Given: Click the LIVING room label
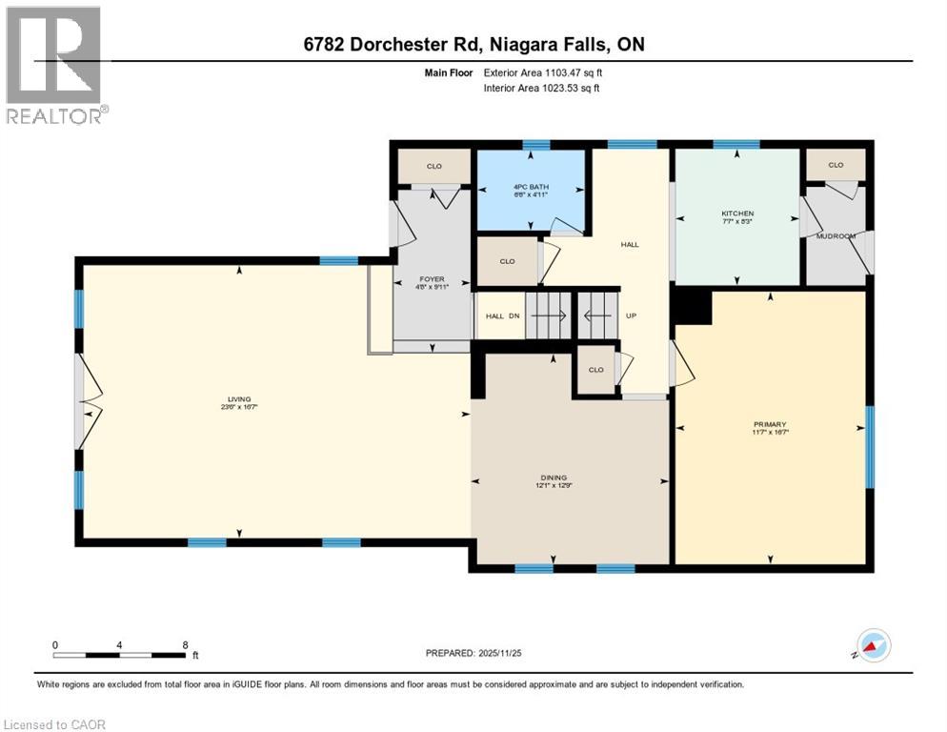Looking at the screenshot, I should pyautogui.click(x=238, y=399).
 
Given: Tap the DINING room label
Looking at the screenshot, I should pyautogui.click(x=552, y=478).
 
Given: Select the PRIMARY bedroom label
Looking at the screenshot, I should pyautogui.click(x=769, y=424).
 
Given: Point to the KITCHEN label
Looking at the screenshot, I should pyautogui.click(x=737, y=213).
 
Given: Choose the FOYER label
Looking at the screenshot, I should pyautogui.click(x=432, y=279).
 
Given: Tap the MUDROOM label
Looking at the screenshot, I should pyautogui.click(x=836, y=234).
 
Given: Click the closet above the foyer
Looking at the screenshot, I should pyautogui.click(x=433, y=166).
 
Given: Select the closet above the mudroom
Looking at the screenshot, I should pyautogui.click(x=836, y=165).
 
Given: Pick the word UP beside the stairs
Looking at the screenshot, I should pyautogui.click(x=630, y=316).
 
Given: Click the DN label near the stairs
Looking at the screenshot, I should pyautogui.click(x=512, y=316).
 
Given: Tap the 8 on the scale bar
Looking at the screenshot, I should pyautogui.click(x=184, y=644).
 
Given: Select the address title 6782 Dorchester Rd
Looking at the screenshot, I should pyautogui.click(x=473, y=45).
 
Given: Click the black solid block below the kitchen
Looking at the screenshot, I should pyautogui.click(x=692, y=307).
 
